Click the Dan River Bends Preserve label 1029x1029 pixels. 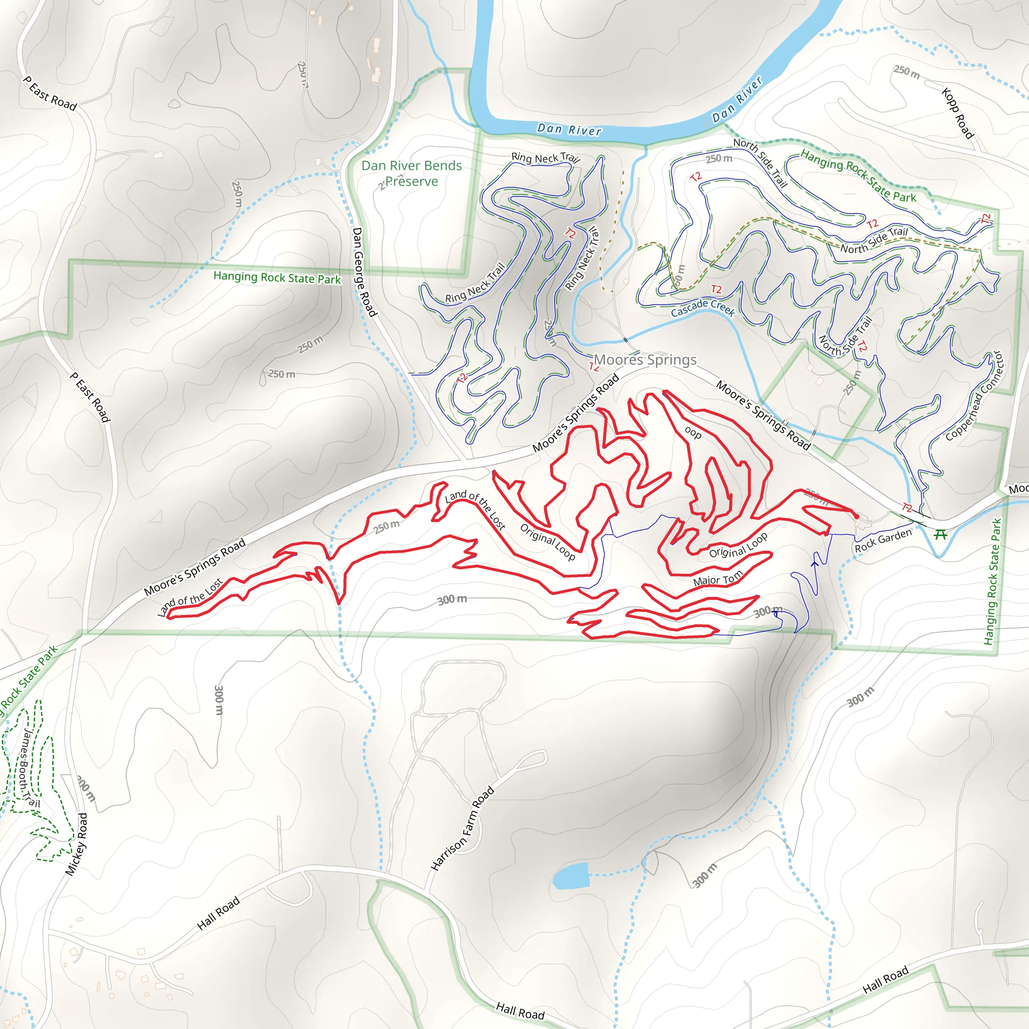click(411, 174)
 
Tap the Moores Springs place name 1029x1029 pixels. click(645, 360)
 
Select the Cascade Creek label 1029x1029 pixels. click(702, 308)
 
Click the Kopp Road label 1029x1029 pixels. click(957, 114)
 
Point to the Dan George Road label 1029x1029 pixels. click(364, 272)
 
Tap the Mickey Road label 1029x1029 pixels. click(76, 844)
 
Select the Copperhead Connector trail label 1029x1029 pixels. click(974, 396)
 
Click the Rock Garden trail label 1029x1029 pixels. click(883, 541)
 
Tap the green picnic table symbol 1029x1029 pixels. click(941, 534)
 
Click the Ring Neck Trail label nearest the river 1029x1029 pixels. click(545, 158)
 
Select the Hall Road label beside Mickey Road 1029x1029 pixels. click(219, 913)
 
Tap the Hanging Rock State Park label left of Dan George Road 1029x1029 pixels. click(277, 277)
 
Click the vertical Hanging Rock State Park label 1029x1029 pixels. click(993, 582)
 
